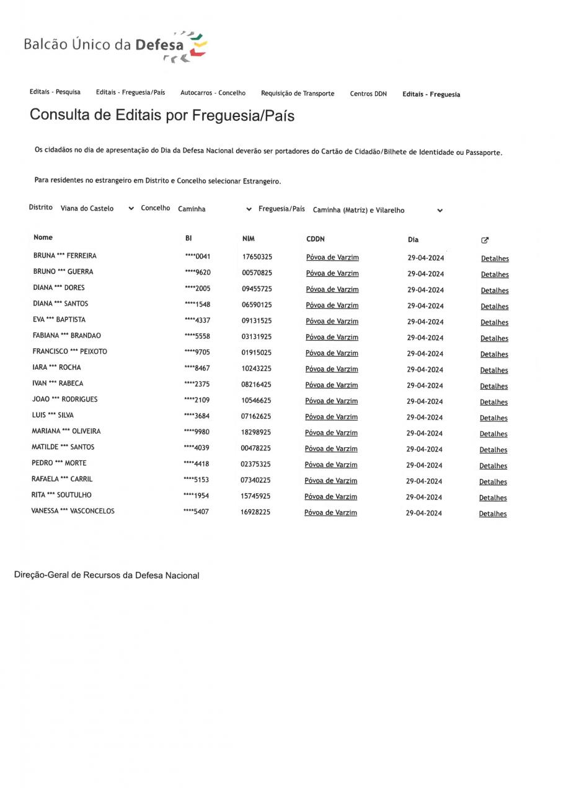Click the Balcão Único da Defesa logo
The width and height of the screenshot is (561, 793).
[115, 46]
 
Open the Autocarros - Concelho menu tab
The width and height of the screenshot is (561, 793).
[213, 93]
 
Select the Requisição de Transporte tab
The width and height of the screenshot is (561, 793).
[298, 94]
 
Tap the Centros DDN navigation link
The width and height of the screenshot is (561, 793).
[368, 94]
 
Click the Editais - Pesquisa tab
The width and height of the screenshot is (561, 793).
[55, 92]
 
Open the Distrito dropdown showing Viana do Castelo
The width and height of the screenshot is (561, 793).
[97, 209]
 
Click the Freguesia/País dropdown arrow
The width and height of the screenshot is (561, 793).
[440, 211]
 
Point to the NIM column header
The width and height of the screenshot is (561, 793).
[249, 239]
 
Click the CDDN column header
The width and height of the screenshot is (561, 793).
[316, 239]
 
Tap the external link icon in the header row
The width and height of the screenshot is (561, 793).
[485, 240]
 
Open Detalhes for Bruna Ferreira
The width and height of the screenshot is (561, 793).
[495, 259]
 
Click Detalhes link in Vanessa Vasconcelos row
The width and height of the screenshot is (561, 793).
[493, 514]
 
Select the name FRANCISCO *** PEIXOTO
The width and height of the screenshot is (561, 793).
[69, 351]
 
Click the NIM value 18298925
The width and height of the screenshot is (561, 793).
[256, 432]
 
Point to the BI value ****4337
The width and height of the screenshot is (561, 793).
[197, 320]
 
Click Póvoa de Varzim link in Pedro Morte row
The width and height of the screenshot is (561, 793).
[331, 465]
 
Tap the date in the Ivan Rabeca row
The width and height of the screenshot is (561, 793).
[425, 386]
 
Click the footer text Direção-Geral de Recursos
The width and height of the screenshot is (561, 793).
[107, 576]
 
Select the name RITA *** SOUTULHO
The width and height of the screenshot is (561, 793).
[61, 495]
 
